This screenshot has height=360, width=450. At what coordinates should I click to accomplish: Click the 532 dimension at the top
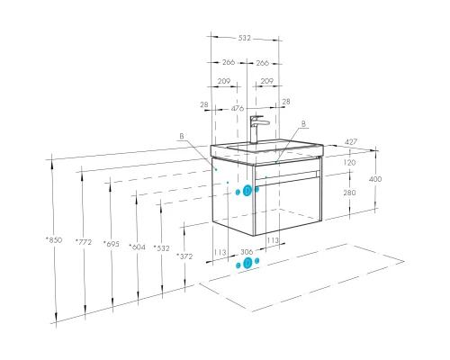(244, 38)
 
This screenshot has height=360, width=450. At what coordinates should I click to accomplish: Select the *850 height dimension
(54, 240)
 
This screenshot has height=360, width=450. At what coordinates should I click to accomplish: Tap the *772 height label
(84, 242)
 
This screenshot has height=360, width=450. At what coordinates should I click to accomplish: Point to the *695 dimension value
(111, 244)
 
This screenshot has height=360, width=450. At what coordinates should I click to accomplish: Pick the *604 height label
(137, 247)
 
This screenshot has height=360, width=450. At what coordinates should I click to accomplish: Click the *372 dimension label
(184, 256)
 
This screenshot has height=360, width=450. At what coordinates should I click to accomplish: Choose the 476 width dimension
(238, 108)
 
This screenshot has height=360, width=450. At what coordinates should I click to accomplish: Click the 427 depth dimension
(351, 141)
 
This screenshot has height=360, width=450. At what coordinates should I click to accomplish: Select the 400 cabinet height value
(375, 179)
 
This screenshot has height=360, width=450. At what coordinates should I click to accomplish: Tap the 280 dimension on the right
(349, 193)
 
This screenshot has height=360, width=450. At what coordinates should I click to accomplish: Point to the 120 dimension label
(349, 163)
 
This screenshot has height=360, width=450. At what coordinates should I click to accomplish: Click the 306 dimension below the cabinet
(247, 252)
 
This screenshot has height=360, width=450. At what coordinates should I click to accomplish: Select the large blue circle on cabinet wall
(247, 191)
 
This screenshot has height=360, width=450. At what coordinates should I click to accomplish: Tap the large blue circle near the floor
(247, 263)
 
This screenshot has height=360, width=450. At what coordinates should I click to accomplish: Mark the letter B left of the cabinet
(182, 136)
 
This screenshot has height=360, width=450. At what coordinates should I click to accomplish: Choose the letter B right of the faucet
(303, 123)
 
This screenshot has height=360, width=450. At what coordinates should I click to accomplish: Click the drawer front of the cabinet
(289, 206)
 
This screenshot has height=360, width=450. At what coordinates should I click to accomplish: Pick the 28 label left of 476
(204, 104)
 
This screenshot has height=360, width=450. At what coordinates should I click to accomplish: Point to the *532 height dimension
(162, 248)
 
